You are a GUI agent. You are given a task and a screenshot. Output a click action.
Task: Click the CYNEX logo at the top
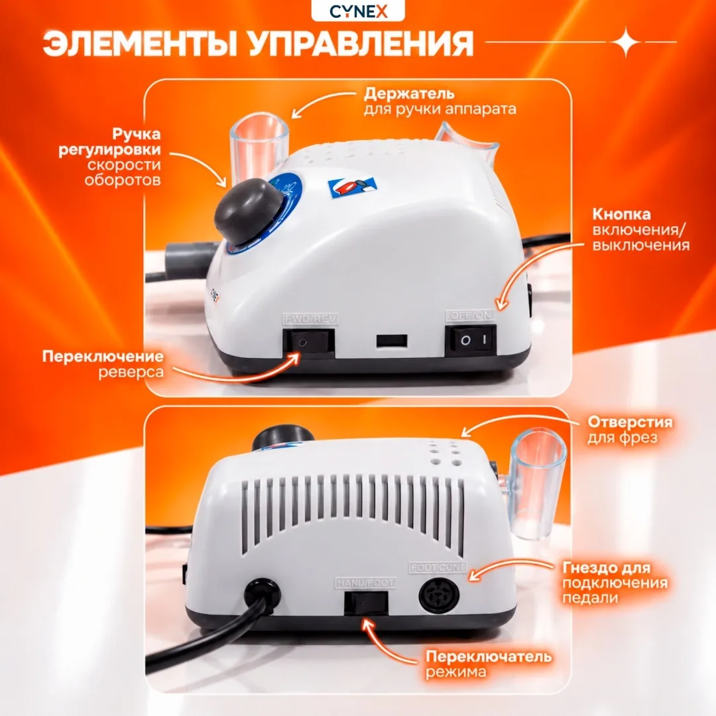coord(359,11)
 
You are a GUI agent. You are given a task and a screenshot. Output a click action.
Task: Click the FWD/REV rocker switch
coord(309,342)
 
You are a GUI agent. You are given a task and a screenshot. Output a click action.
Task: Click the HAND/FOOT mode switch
coord(366,603)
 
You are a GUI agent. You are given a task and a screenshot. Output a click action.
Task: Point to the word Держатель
coord(409,93)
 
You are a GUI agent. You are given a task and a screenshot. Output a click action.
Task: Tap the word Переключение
coord(103,356)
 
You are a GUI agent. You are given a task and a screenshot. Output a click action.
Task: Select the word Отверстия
coord(630,422)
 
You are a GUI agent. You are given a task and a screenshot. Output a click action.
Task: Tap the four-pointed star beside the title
coord(626,42)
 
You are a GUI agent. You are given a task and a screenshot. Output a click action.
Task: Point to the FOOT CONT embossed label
coord(438,567)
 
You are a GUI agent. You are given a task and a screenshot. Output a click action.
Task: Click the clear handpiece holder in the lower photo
coord(537,484)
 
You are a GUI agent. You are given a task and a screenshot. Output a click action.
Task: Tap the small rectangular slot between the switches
coord(392,341)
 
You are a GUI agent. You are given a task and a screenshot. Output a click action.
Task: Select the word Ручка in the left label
coord(136,134)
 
